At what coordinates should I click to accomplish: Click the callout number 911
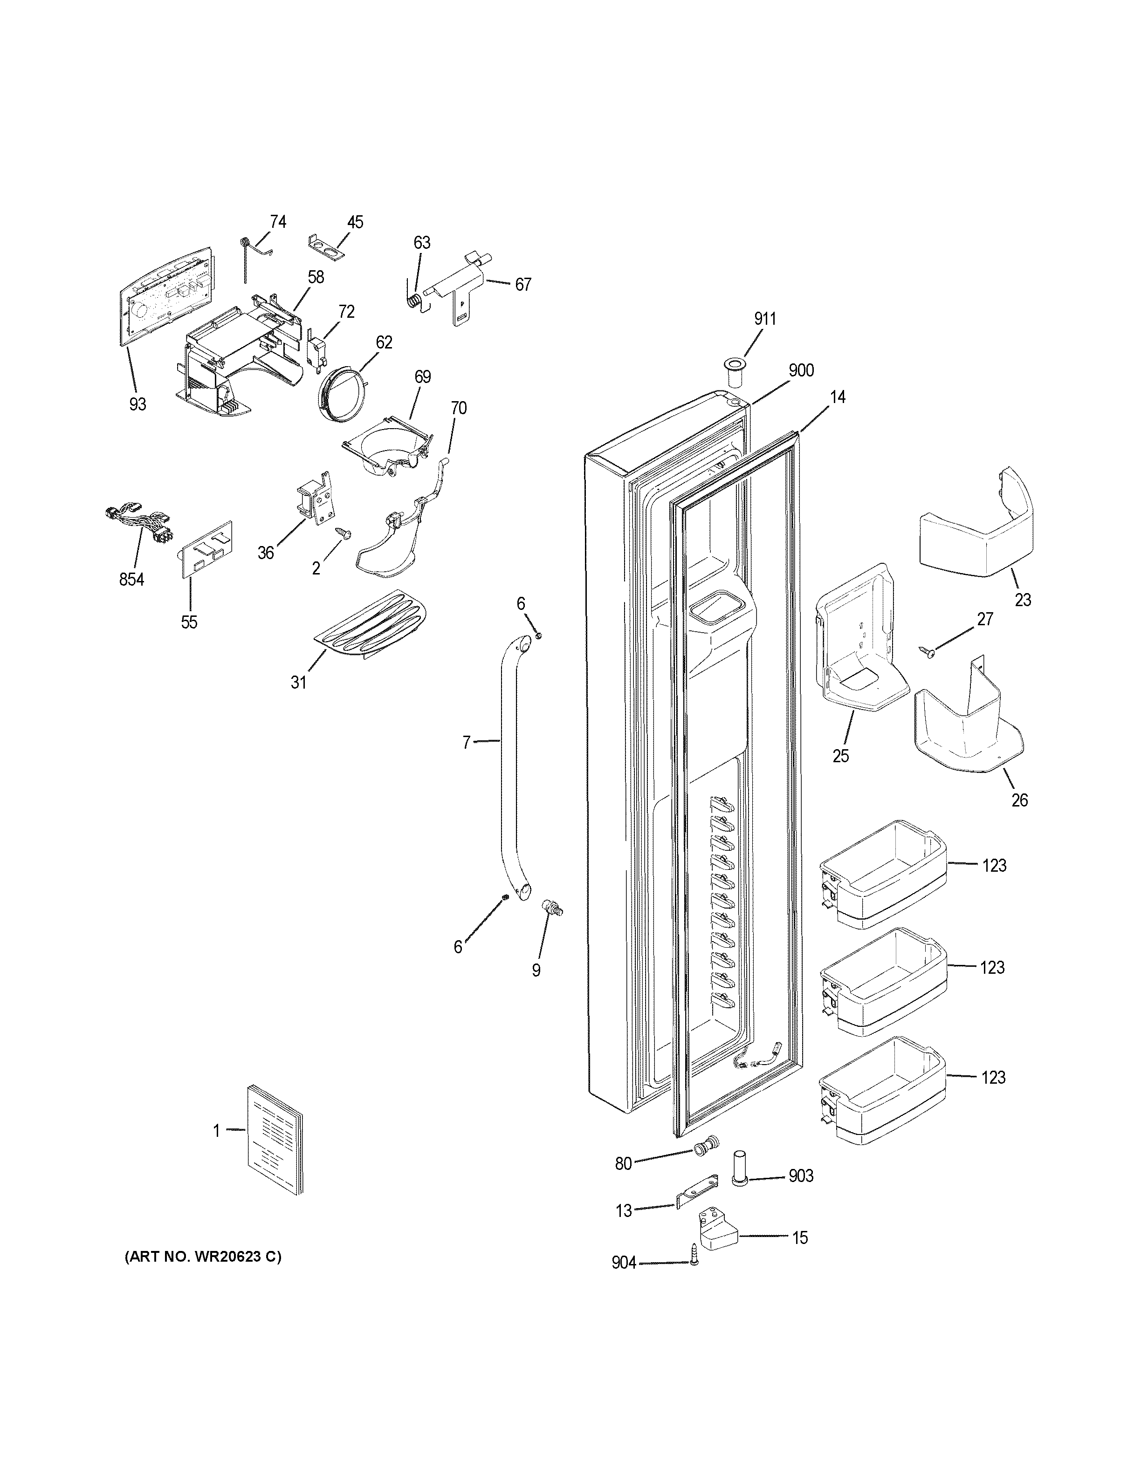pos(765,319)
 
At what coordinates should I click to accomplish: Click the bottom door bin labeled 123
pos(881,1089)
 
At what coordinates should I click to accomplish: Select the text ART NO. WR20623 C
pos(203,1257)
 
